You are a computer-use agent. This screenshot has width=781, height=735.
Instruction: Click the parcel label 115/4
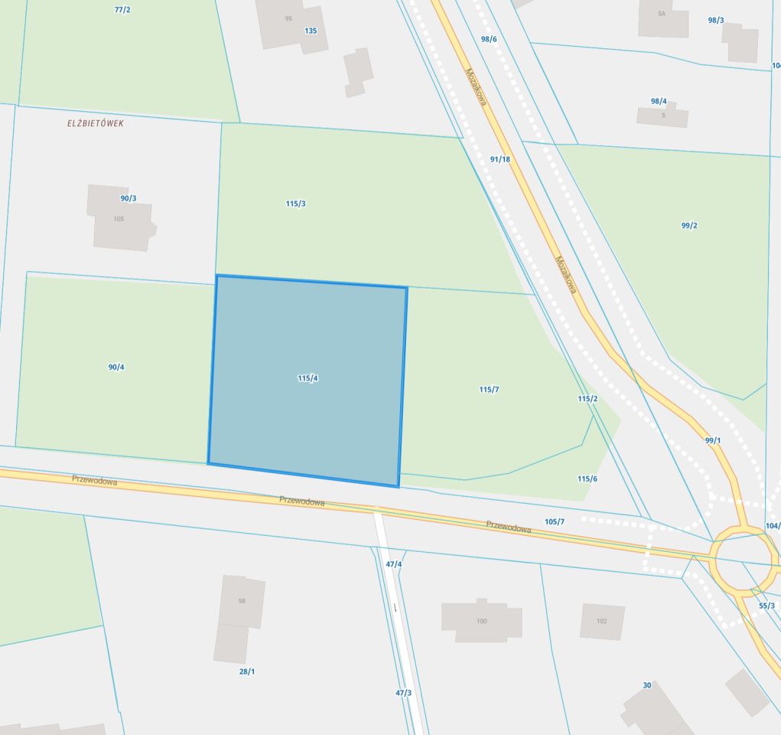(308, 378)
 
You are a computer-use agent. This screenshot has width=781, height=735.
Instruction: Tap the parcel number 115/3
(296, 204)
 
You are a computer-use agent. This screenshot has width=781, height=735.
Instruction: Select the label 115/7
(489, 390)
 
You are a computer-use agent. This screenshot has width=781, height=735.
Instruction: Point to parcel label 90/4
(116, 367)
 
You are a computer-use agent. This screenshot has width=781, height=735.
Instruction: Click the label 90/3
(129, 198)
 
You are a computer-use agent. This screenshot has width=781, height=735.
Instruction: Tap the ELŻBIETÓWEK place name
(95, 123)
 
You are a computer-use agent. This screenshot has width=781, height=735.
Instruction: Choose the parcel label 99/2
(688, 226)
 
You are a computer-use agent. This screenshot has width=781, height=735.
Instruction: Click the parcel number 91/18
(500, 159)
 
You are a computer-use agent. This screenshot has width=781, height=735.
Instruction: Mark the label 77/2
(122, 10)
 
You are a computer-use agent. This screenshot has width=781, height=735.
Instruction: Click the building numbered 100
(481, 621)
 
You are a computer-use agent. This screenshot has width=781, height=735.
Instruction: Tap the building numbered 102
(601, 621)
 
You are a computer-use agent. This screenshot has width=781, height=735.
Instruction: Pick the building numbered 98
(242, 601)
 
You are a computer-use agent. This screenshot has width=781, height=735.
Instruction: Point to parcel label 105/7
(555, 521)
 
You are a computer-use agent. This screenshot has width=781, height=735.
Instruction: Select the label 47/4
(393, 564)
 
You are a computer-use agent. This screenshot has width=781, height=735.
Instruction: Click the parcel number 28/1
(246, 671)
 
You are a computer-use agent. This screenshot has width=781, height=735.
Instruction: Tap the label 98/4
(659, 101)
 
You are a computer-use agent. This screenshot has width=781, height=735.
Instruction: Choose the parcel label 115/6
(587, 479)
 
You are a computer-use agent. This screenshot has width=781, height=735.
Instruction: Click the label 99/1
(713, 440)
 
